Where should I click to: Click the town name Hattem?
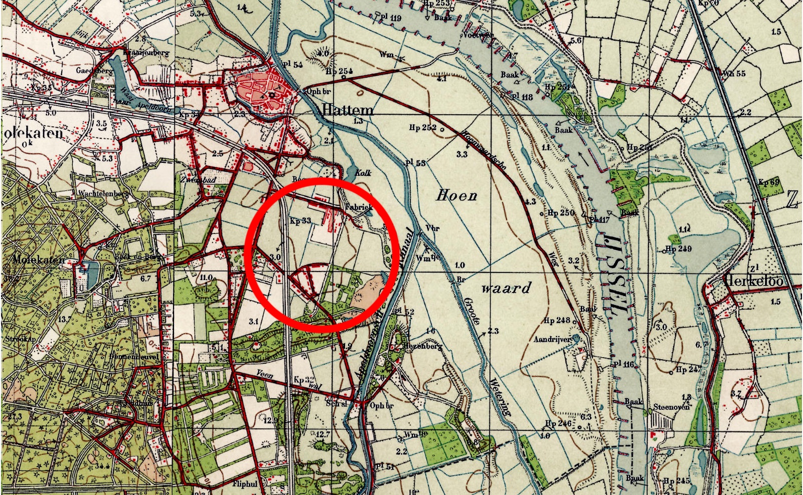[x=348, y=110]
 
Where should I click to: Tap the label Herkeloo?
[x=753, y=281]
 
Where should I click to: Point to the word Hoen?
[x=456, y=195]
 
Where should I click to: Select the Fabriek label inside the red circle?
[x=358, y=207]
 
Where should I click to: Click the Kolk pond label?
[x=363, y=172]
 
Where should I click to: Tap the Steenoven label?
[x=671, y=407]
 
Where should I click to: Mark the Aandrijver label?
[x=552, y=339]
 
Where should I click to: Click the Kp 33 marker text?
[x=300, y=220]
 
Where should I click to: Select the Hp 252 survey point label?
[x=422, y=127]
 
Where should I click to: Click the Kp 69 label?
[x=768, y=182]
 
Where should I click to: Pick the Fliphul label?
[x=245, y=484]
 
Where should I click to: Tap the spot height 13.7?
[x=64, y=319]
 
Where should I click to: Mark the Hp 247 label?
[x=688, y=370]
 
